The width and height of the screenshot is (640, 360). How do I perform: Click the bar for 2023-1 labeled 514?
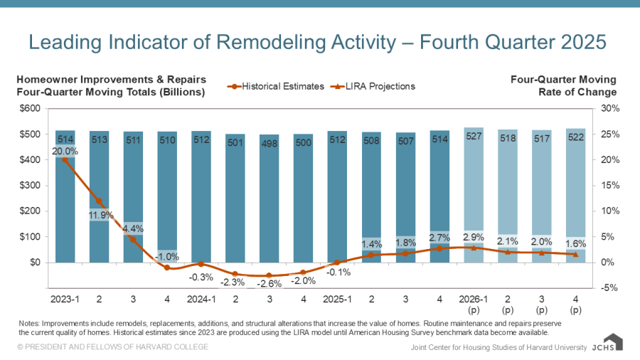tap(65, 199)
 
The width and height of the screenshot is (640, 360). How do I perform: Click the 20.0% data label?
tap(65, 151)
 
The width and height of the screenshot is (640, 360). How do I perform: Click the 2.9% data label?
tap(474, 235)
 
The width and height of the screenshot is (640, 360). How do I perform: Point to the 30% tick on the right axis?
tap(611, 109)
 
